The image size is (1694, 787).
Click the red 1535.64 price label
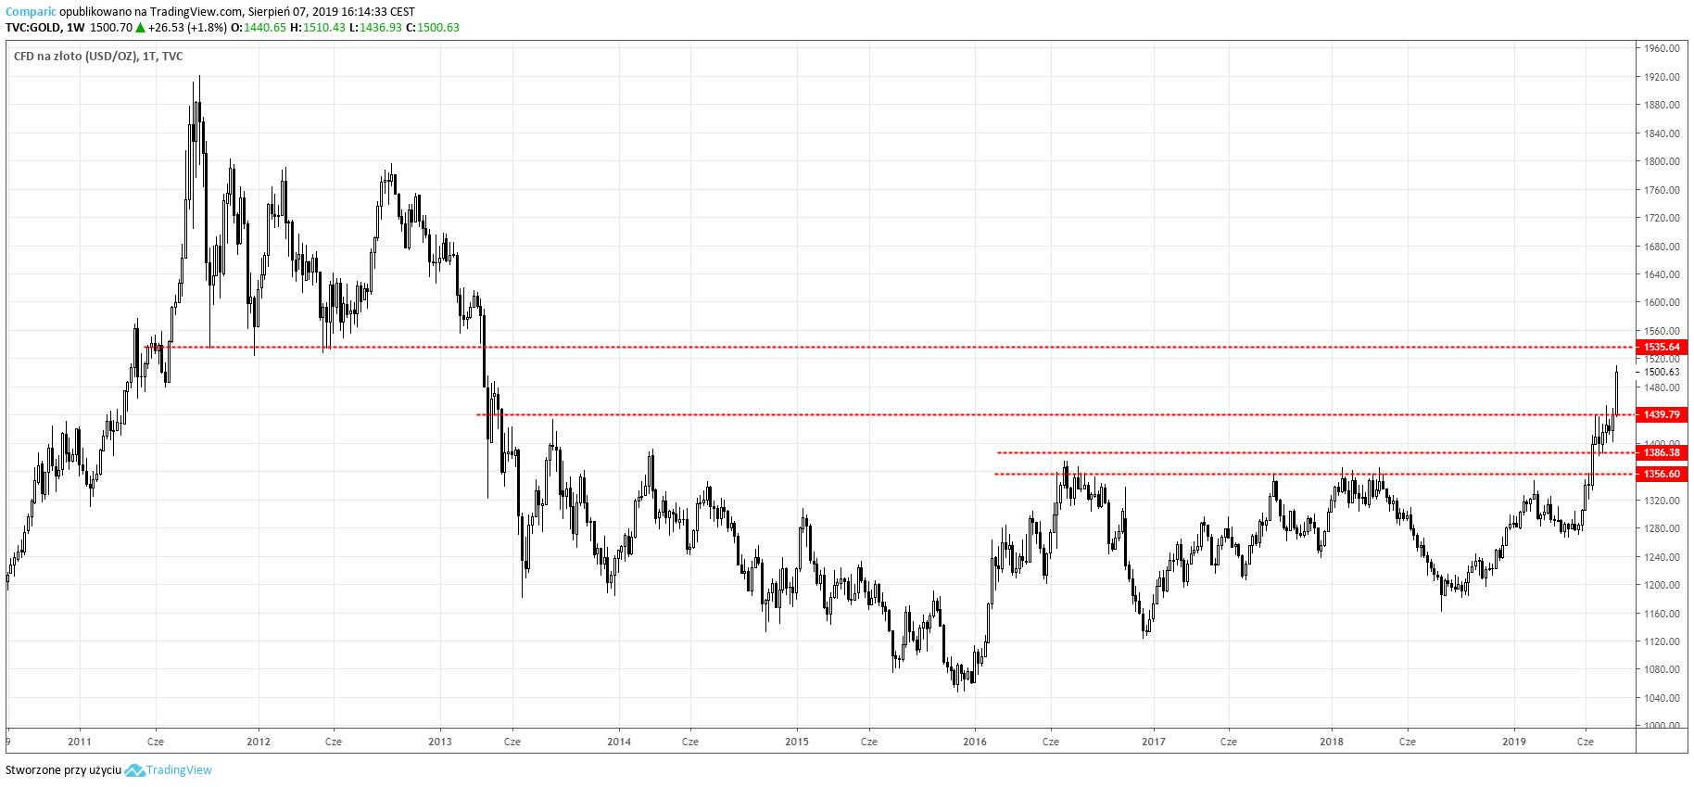[1662, 347]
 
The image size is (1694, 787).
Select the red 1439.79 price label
[1662, 414]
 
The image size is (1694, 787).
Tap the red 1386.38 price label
[1662, 452]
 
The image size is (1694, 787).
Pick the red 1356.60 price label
[1662, 474]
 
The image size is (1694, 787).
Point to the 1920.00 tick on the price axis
[1662, 77]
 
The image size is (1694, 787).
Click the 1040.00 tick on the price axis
[1662, 697]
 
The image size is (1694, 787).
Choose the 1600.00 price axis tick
[1662, 302]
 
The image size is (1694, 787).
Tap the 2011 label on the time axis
[80, 742]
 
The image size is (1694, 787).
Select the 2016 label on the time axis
[975, 742]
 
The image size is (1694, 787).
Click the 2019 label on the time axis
[1514, 742]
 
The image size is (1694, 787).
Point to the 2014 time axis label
[619, 742]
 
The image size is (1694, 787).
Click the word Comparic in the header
[31, 12]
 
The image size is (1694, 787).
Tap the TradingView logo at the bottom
[169, 770]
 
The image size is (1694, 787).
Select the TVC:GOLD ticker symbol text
[32, 28]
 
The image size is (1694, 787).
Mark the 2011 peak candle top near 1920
[199, 78]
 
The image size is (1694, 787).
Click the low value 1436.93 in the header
[381, 28]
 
